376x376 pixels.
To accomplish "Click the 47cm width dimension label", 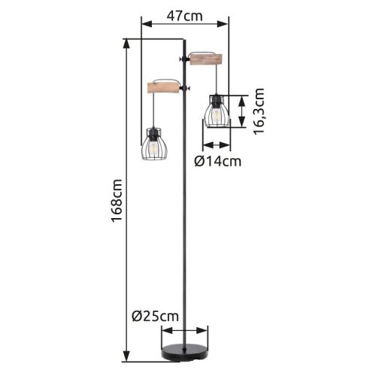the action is pos(185,17).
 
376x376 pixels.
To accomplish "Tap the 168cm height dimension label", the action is pos(117,201).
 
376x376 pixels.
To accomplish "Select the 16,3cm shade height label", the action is pos(259,111).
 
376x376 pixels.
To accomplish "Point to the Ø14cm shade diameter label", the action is pos(217,161).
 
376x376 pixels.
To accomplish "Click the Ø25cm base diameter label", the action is pos(155,317).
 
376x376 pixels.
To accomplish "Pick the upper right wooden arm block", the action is pos(206,59).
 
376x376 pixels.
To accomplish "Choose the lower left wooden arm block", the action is pos(164,88).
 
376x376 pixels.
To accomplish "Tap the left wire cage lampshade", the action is pos(154,144).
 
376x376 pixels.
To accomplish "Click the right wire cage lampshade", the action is pos(217,111).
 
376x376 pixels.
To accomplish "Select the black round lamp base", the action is pos(185,353).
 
